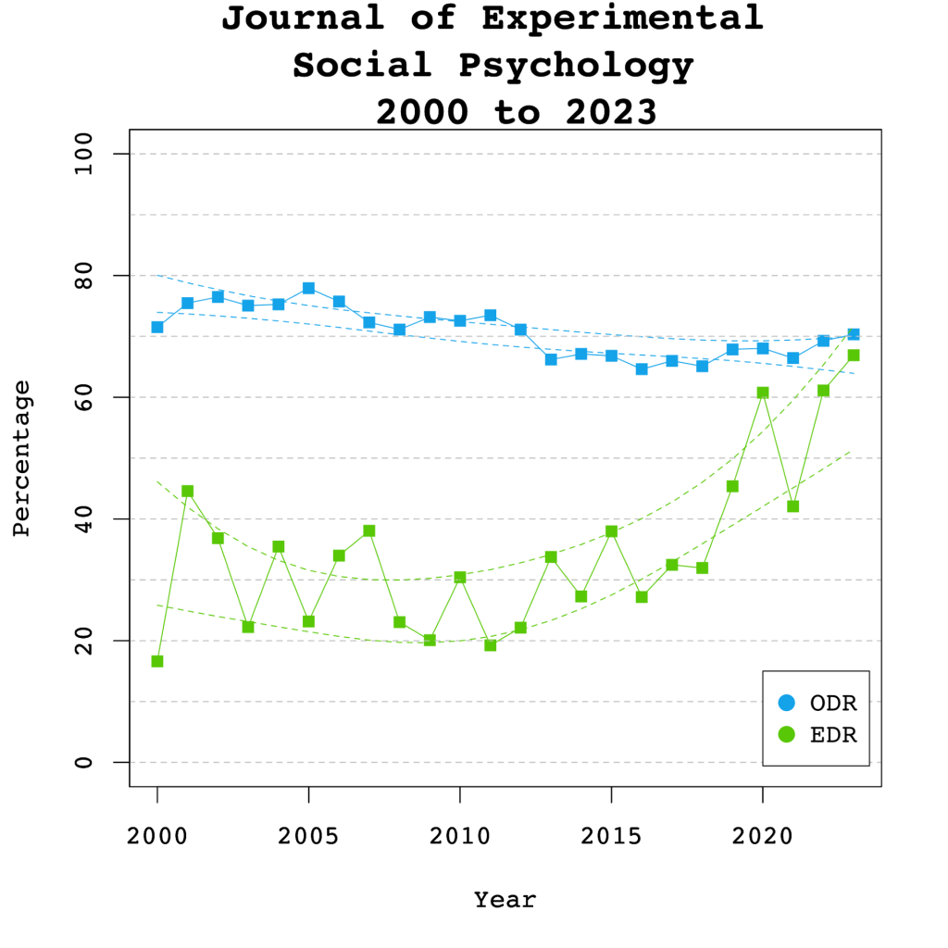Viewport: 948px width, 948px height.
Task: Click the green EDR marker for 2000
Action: (x=157, y=661)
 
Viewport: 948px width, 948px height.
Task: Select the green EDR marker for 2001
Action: (x=187, y=491)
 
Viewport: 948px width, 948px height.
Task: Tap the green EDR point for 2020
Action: (x=763, y=393)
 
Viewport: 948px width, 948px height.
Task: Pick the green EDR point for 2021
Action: (x=792, y=506)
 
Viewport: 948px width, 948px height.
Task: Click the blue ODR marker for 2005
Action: (x=308, y=288)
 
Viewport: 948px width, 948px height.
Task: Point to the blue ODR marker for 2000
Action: (x=157, y=327)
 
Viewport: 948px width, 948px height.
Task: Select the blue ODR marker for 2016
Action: (x=642, y=368)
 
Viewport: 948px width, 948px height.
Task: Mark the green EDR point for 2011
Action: (x=491, y=645)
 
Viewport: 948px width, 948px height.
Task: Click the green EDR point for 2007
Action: (x=369, y=530)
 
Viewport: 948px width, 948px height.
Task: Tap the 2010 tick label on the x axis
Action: (x=460, y=836)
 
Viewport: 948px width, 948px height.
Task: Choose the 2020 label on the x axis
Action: (x=763, y=836)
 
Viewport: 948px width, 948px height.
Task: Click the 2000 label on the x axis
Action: (x=157, y=836)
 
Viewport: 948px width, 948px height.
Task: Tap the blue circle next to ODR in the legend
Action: (x=788, y=704)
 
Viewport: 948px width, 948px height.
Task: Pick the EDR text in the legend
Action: (x=833, y=735)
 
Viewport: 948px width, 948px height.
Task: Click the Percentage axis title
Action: (x=22, y=458)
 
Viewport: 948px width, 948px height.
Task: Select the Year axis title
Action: (x=505, y=899)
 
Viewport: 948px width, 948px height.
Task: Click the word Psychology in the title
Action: (x=575, y=66)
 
